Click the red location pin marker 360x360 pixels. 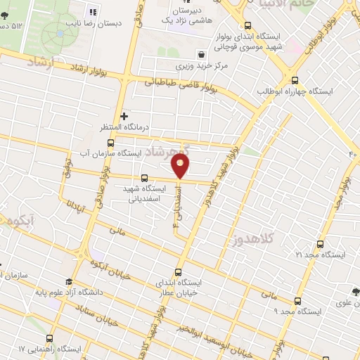[x=181, y=166]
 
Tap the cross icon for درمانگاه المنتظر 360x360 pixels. [x=124, y=116]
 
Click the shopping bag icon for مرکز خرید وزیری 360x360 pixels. [x=202, y=53]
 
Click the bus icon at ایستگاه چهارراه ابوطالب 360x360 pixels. [x=294, y=80]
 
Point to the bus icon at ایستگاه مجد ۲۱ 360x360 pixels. [x=321, y=244]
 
